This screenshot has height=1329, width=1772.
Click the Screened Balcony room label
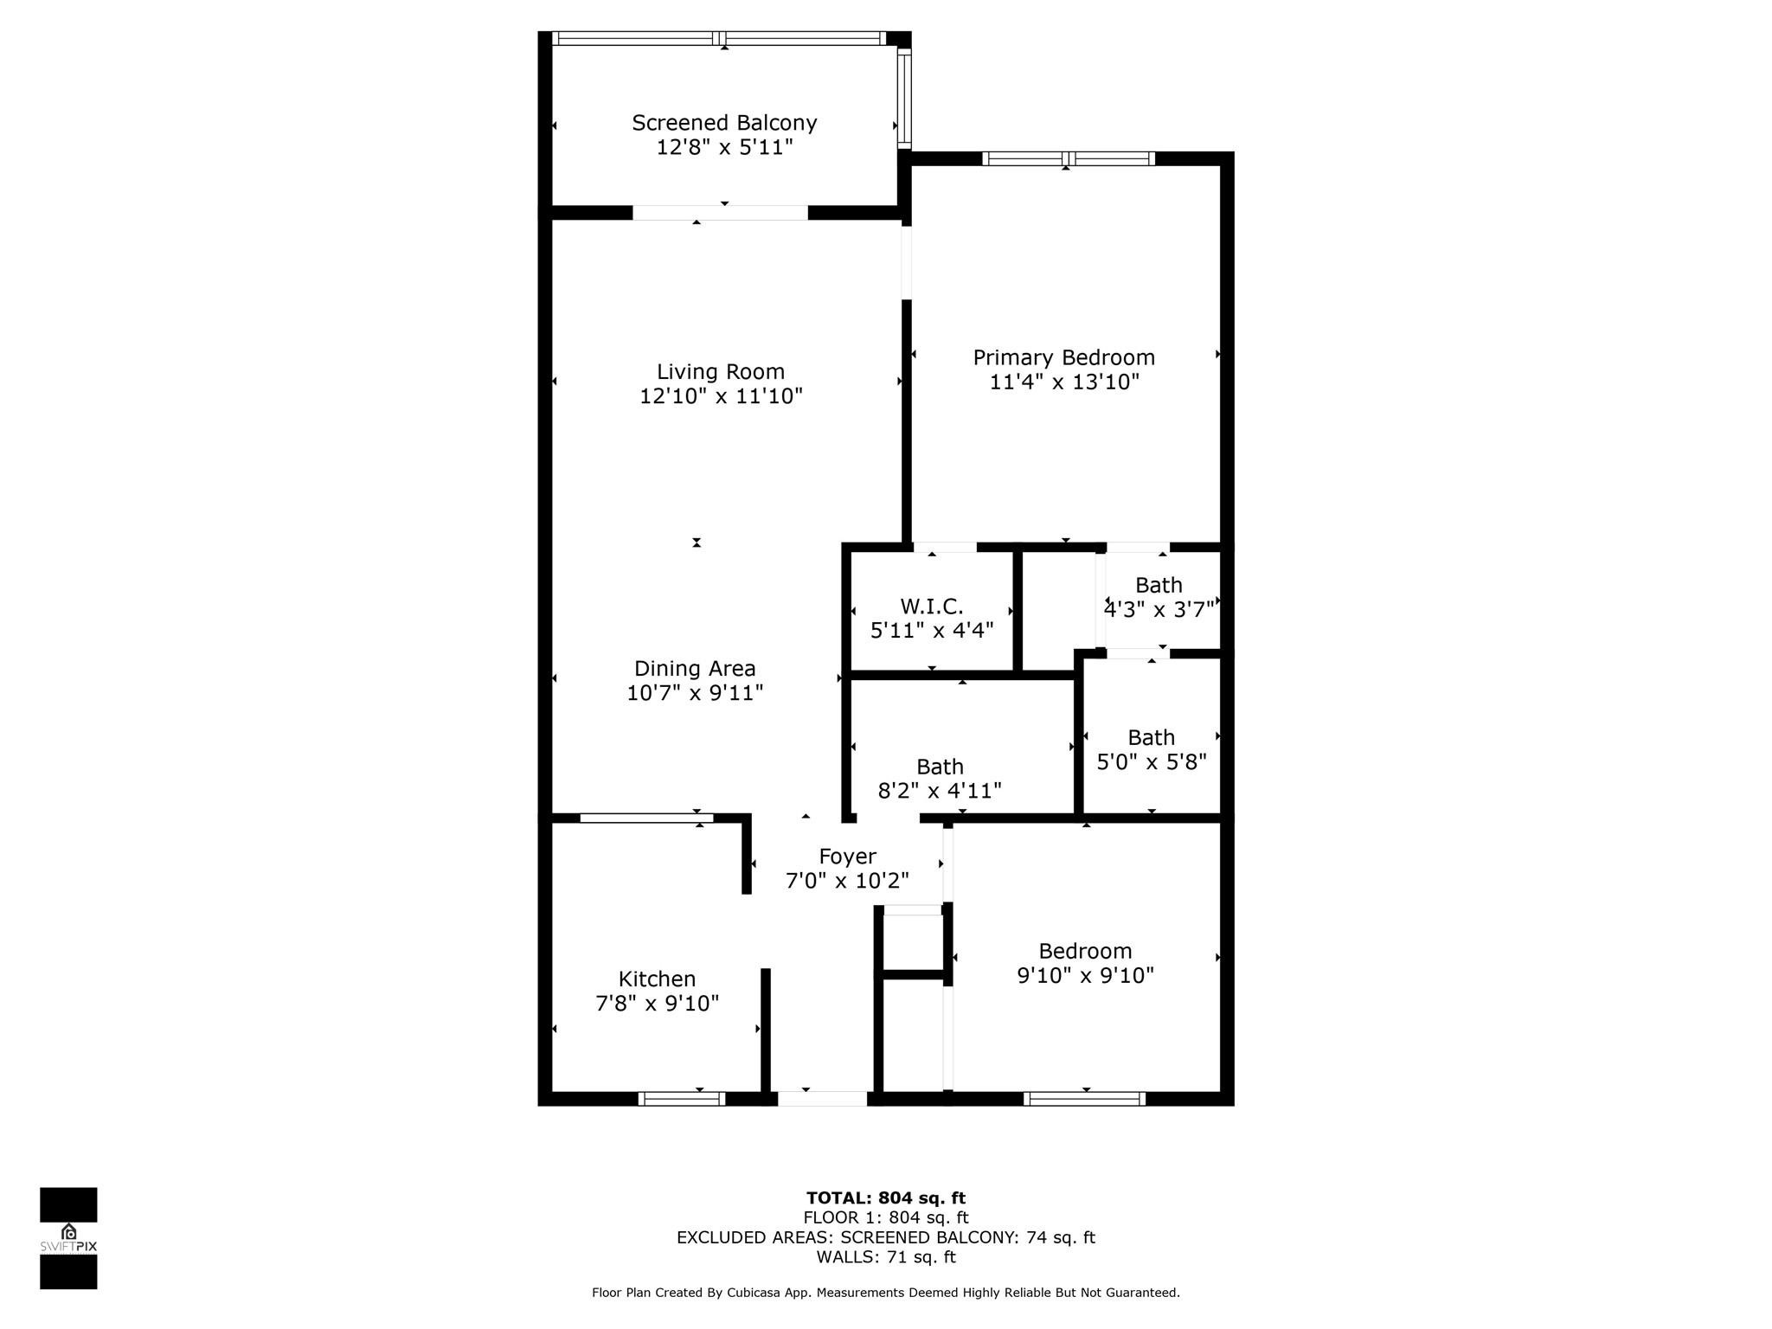(x=724, y=123)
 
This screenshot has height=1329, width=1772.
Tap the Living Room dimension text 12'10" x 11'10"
(x=721, y=396)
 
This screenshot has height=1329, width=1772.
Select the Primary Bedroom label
(x=1063, y=357)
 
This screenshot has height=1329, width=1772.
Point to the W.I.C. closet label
(x=931, y=607)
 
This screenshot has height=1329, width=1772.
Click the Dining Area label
(x=695, y=669)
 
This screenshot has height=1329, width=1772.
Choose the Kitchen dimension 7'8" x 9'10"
(x=657, y=1004)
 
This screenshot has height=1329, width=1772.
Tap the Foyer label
(x=847, y=857)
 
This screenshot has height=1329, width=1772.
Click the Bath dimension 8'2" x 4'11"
(x=940, y=791)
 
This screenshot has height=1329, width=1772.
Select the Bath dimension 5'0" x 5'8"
(x=1151, y=762)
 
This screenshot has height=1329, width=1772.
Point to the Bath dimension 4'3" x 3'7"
(x=1159, y=610)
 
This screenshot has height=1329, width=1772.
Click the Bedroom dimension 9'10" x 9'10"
(x=1085, y=976)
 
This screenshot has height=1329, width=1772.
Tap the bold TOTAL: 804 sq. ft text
(x=885, y=1198)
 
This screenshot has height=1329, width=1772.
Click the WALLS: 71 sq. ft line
(x=885, y=1257)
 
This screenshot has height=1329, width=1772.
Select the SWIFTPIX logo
(x=68, y=1238)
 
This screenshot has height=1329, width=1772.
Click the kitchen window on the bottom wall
(x=682, y=1099)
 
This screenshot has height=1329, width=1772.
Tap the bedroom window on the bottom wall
(x=1084, y=1099)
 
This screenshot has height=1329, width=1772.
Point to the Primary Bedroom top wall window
(x=1068, y=158)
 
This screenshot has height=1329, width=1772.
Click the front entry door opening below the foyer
(x=822, y=1099)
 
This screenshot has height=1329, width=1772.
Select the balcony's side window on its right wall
(x=904, y=97)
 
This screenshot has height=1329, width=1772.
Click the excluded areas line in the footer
(x=885, y=1238)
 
